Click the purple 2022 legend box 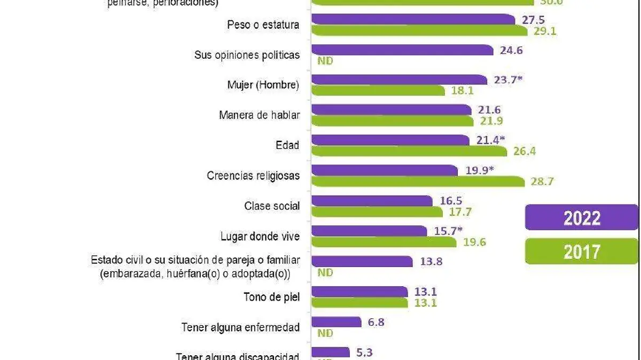[581, 217]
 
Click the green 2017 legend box [581, 252]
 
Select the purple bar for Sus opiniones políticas [402, 50]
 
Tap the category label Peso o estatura [263, 25]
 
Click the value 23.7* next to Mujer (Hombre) [507, 80]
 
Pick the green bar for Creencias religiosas [418, 182]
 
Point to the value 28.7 [542, 182]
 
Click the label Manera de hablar [259, 115]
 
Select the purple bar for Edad [390, 140]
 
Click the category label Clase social [272, 206]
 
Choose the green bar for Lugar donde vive [384, 242]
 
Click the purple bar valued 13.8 [362, 262]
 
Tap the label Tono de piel [271, 298]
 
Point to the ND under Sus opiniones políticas [325, 61]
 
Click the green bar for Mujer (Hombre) [378, 91]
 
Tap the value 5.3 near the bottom [364, 353]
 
